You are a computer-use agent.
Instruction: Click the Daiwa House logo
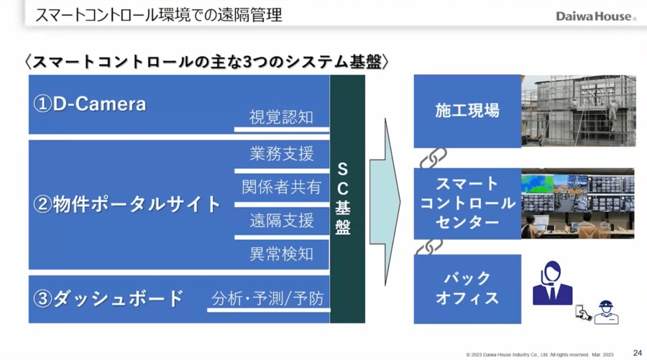pos(595,16)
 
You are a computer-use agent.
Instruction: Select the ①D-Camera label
pos(90,104)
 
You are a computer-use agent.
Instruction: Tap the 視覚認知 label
pos(281,117)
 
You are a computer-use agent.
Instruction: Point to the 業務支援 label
pos(281,153)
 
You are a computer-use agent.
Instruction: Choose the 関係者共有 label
pos(281,187)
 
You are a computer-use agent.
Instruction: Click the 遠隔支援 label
pos(281,220)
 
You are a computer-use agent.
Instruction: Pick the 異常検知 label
pos(281,254)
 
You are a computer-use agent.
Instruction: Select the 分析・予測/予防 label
pos(267,298)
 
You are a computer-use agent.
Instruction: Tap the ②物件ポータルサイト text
pos(127,204)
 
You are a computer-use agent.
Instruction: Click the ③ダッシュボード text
pos(109,298)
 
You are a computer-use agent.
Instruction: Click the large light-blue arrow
pos(385,198)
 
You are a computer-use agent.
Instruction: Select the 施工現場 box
pos(467,111)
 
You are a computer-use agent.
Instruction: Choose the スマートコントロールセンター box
pos(467,203)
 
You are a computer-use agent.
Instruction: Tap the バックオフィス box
pos(467,288)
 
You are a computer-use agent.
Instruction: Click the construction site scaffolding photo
pos(579,111)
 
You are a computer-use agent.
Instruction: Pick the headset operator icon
pos(551,284)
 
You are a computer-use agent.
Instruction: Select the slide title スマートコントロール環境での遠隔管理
pos(159,14)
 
